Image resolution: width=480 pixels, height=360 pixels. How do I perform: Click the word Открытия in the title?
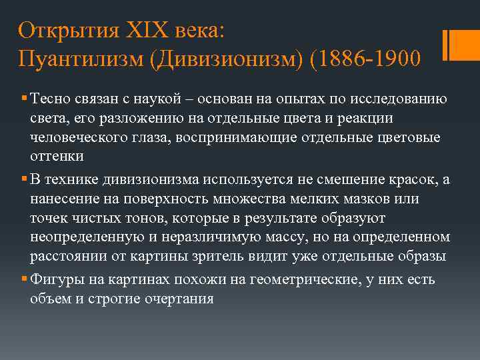click(x=64, y=31)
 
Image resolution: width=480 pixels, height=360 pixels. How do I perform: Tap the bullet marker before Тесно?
click(x=24, y=100)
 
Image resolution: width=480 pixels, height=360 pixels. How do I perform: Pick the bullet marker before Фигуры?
click(x=24, y=280)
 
